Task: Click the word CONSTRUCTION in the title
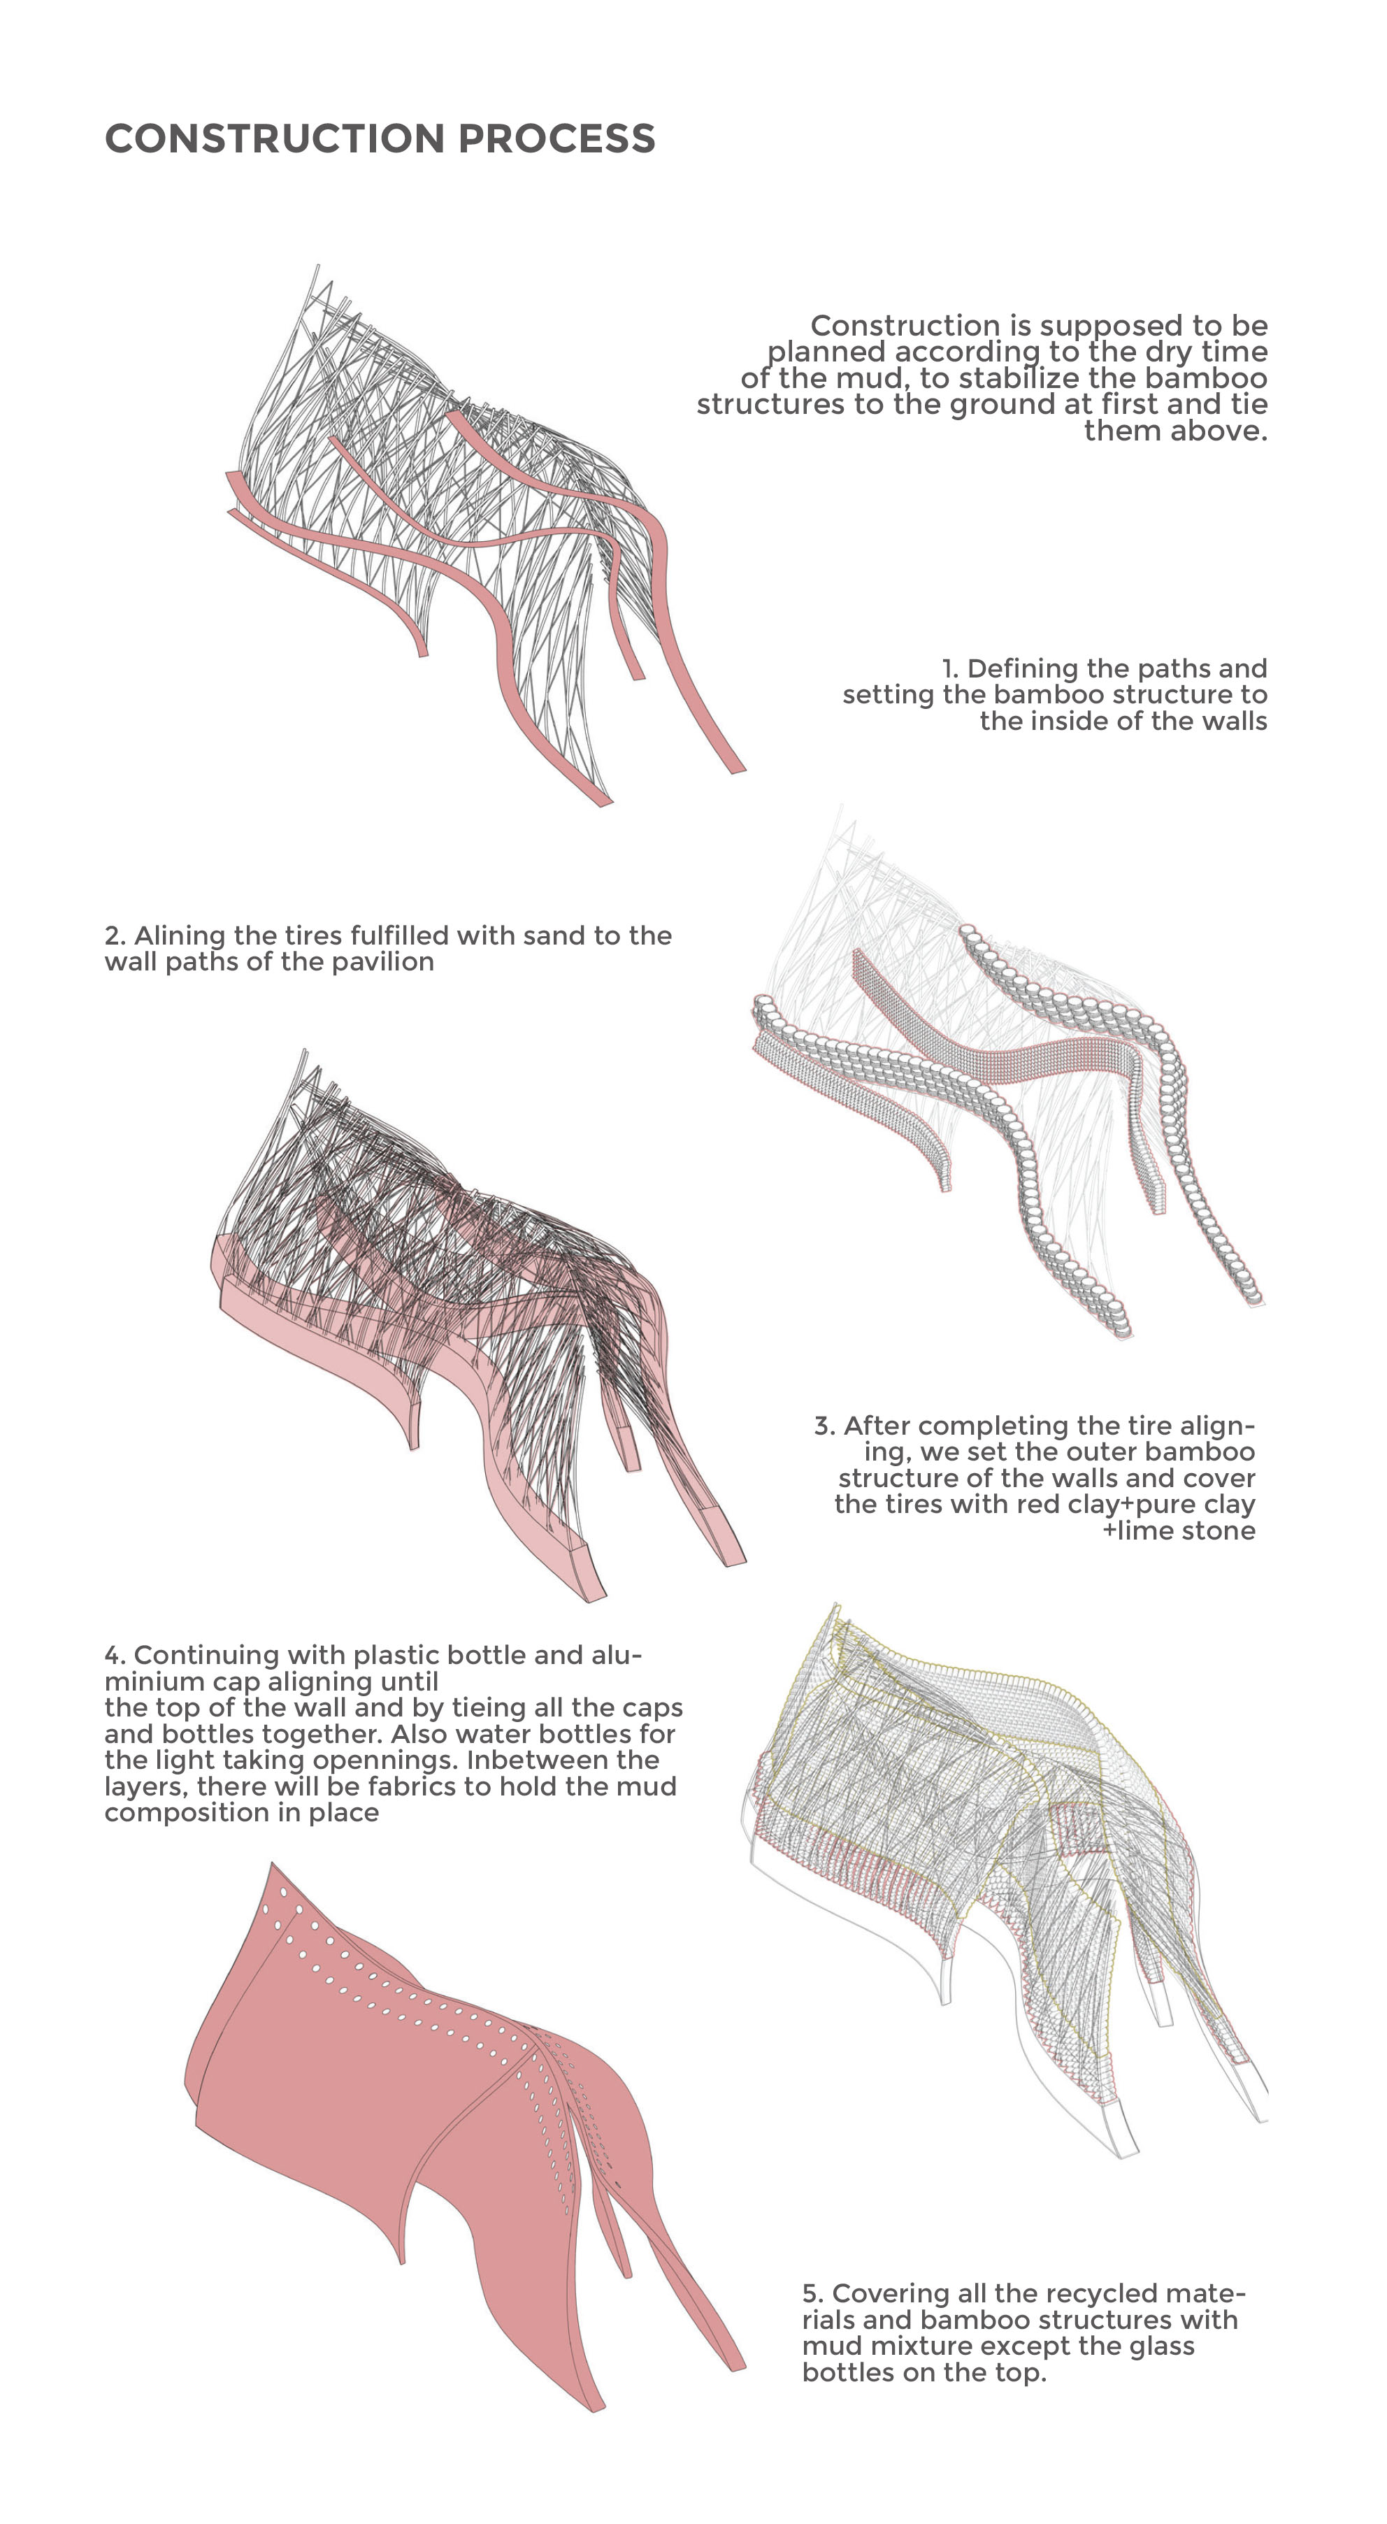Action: tap(275, 139)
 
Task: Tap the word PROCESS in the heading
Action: tap(556, 139)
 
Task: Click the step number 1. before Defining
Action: tap(950, 668)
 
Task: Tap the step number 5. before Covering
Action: tap(813, 2294)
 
